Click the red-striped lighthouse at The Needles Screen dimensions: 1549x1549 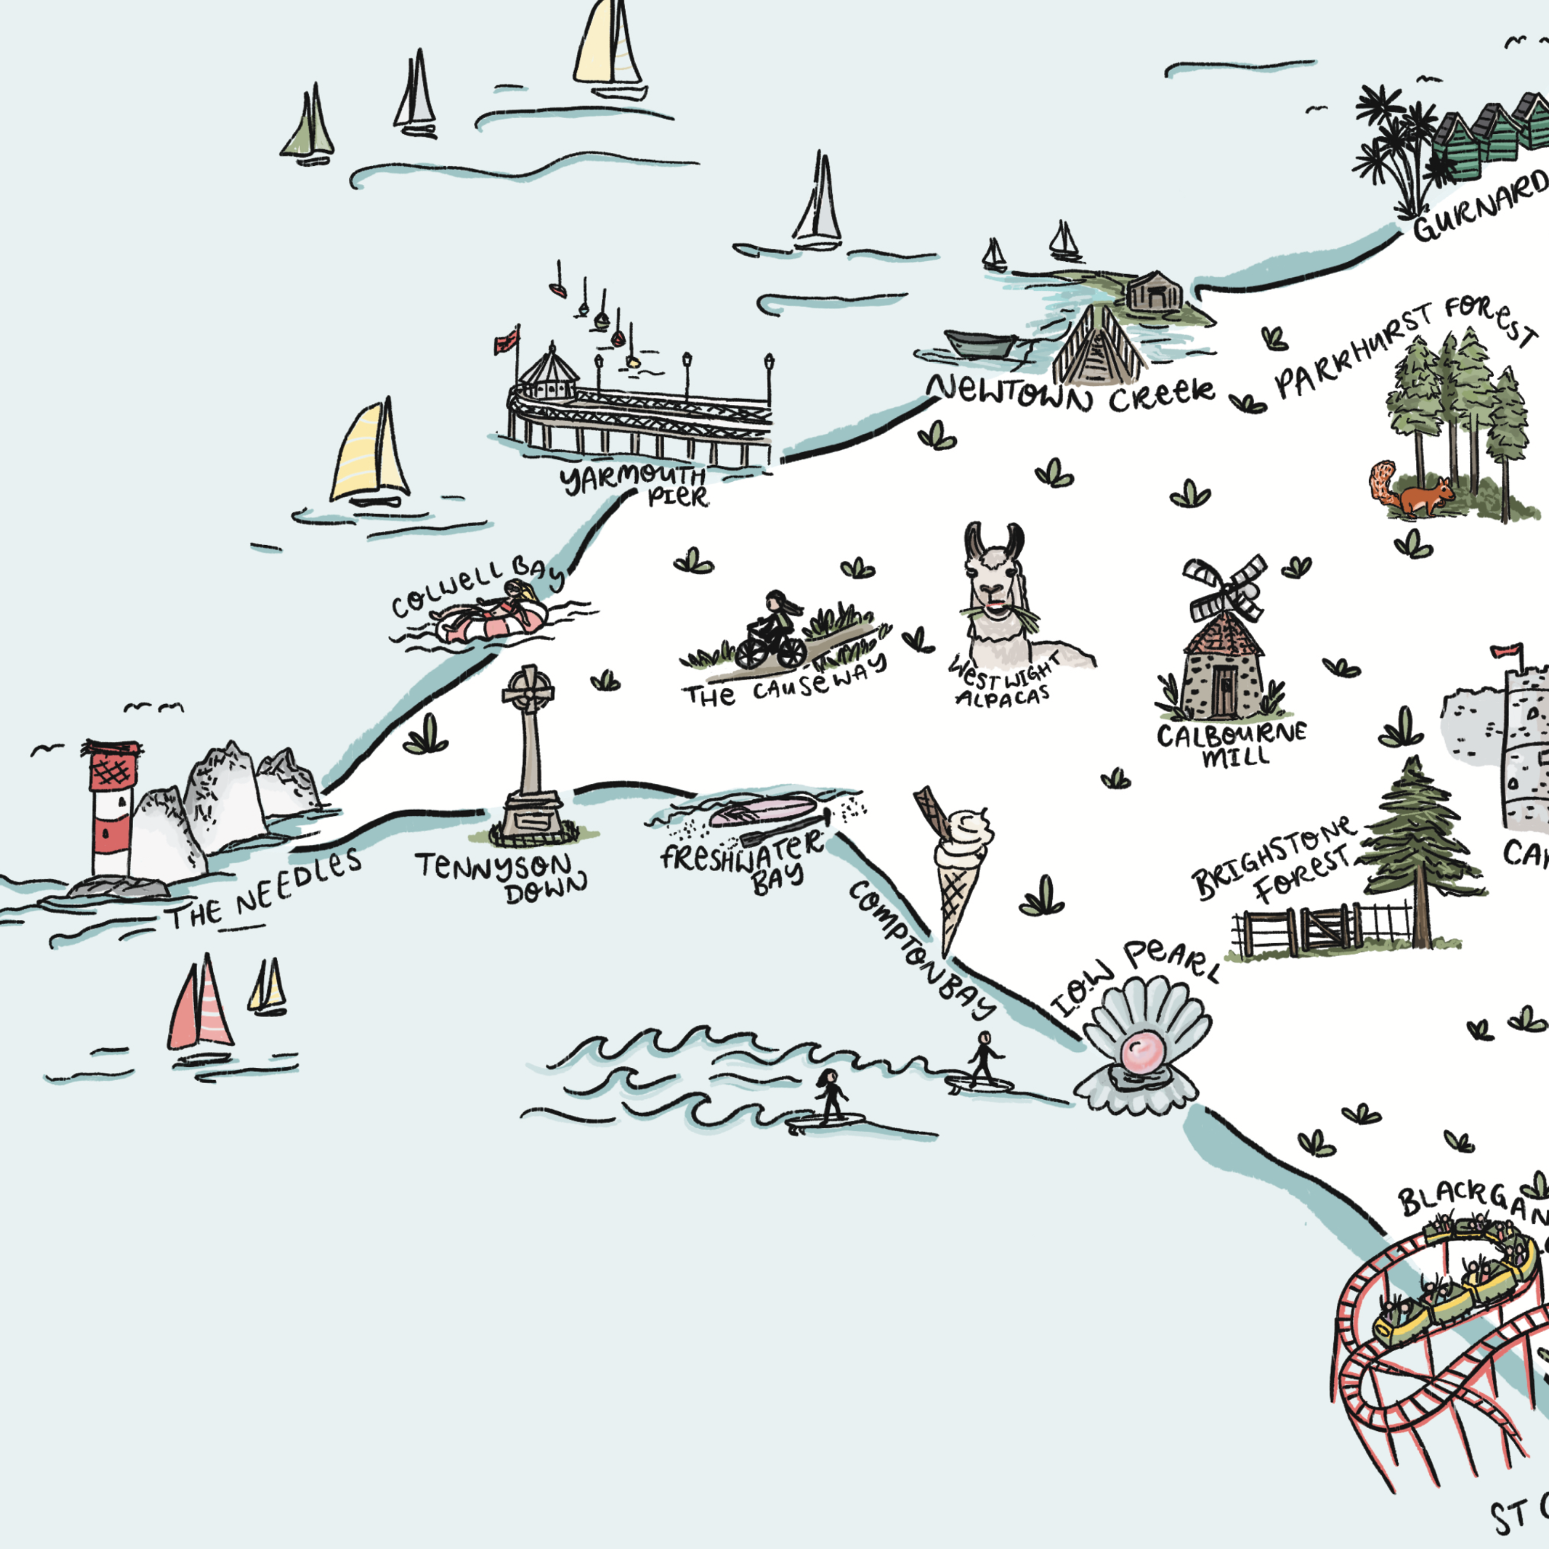(x=112, y=810)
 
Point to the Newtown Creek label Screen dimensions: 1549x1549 (x=1070, y=393)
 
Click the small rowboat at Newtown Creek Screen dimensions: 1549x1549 (x=981, y=343)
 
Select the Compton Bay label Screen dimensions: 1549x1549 (x=922, y=950)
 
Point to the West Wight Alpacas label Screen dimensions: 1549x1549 (x=1002, y=682)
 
